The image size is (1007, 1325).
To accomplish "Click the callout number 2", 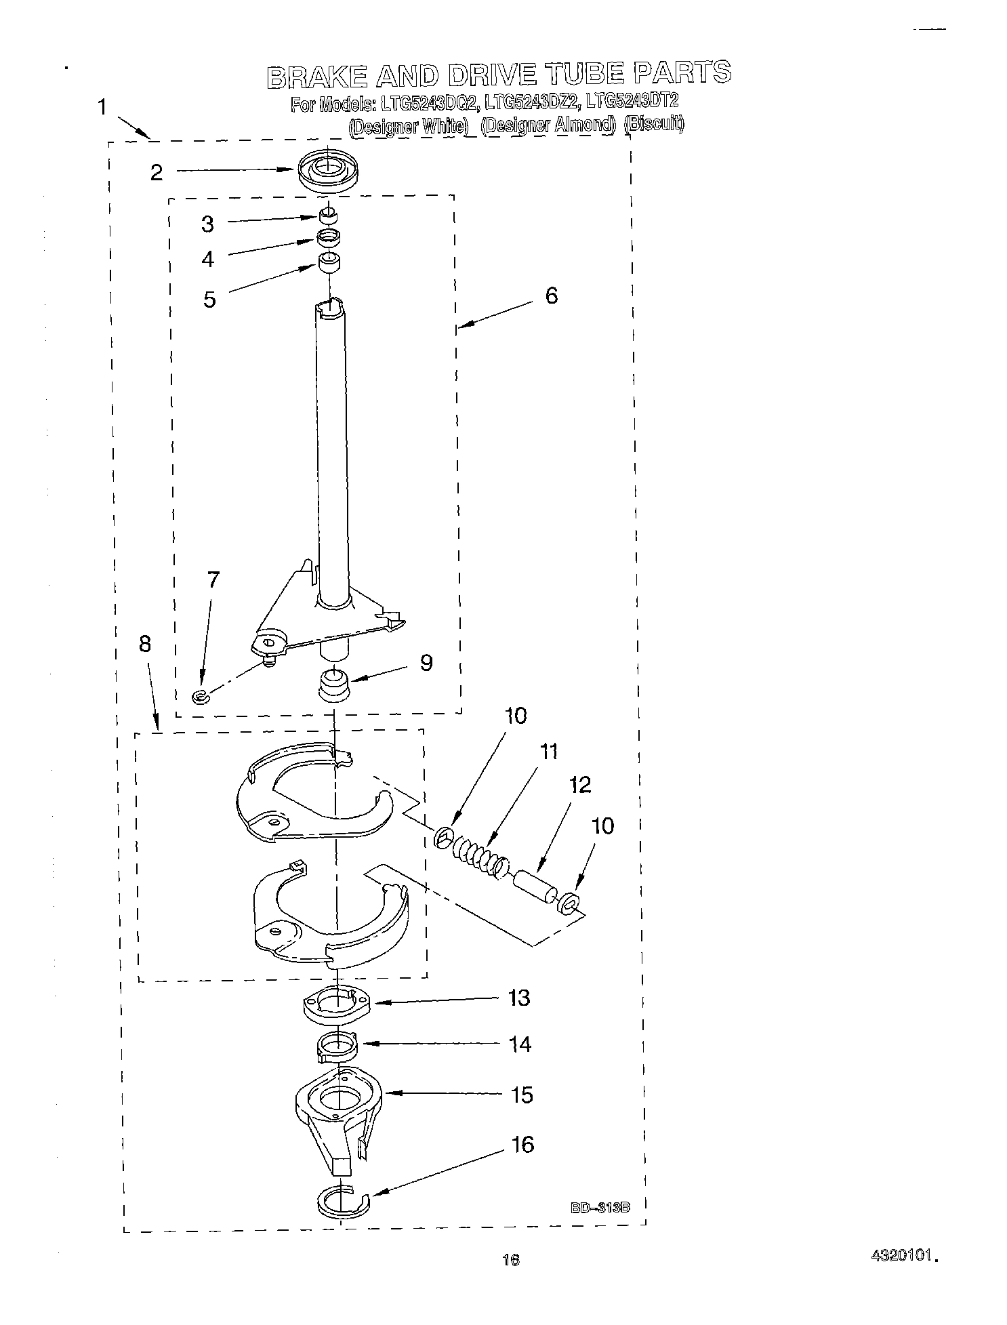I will [x=157, y=173].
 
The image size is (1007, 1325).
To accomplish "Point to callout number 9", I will [x=426, y=662].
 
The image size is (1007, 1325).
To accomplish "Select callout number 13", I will [x=519, y=998].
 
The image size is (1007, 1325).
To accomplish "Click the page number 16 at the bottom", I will [x=511, y=1260].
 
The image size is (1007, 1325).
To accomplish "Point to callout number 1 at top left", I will [x=102, y=107].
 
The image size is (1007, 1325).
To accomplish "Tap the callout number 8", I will [x=145, y=643].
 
